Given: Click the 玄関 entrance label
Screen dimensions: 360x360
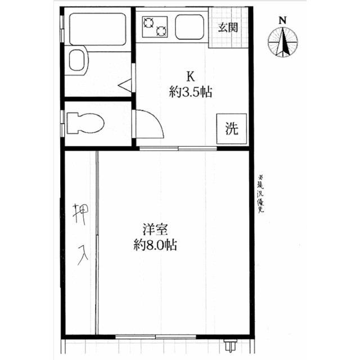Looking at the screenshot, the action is [x=228, y=28].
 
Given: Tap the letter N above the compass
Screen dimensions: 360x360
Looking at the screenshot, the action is [x=282, y=21].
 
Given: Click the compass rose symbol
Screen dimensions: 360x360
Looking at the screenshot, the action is [x=282, y=42].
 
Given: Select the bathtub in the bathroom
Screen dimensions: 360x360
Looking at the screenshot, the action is [x=97, y=29].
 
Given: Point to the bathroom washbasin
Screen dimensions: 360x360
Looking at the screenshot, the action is [x=78, y=60].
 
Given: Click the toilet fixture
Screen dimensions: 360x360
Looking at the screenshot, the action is [x=85, y=123].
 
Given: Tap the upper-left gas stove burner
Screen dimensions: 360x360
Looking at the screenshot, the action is [x=148, y=22].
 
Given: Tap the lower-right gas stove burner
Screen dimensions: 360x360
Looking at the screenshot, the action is [x=161, y=31].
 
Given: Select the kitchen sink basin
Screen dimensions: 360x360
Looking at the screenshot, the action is [x=190, y=27].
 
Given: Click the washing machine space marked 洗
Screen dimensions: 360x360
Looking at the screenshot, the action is [x=232, y=129].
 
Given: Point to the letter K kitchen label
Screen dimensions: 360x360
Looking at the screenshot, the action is [x=191, y=76].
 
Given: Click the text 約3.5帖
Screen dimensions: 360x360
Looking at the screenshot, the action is [x=191, y=92].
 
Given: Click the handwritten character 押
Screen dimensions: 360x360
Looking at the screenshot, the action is [x=80, y=214].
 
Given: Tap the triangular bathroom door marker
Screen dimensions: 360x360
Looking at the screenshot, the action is [x=125, y=85].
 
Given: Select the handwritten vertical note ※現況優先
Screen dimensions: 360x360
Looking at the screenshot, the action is [x=260, y=194].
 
